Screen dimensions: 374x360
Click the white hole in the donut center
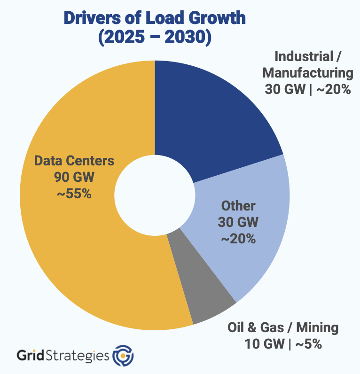click(x=155, y=195)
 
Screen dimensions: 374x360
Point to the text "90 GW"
click(x=74, y=177)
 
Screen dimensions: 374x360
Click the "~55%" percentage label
click(x=74, y=193)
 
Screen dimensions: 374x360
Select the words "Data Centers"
click(x=74, y=161)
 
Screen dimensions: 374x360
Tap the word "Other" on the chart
click(x=238, y=206)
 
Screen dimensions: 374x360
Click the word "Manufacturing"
click(x=308, y=73)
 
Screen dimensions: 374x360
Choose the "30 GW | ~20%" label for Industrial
click(x=308, y=89)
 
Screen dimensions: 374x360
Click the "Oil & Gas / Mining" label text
click(x=283, y=327)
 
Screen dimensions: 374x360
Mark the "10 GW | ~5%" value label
click(x=283, y=344)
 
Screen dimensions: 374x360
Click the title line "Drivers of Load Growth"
click(x=155, y=18)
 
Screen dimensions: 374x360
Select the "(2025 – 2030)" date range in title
click(x=155, y=37)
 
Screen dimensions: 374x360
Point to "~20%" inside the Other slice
click(x=238, y=239)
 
